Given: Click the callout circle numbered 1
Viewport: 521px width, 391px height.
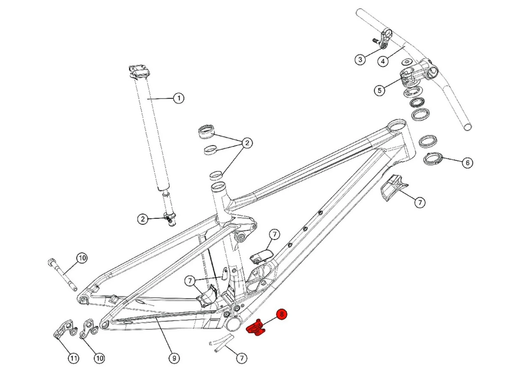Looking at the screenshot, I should [x=179, y=98].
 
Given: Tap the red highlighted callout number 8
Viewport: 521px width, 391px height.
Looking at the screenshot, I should [x=282, y=314].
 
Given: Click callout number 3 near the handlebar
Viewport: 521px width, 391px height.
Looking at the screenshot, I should [x=360, y=59].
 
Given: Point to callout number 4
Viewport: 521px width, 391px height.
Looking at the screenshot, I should [x=383, y=62].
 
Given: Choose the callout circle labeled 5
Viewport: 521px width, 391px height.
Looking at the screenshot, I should [x=379, y=90].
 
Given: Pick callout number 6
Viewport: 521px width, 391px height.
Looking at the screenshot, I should [x=468, y=163].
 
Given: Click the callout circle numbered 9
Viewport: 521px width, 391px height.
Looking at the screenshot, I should [x=174, y=358].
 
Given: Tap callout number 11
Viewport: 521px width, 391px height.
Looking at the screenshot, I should [x=73, y=358].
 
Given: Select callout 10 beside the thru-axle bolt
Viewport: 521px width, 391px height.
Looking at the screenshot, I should [x=82, y=258].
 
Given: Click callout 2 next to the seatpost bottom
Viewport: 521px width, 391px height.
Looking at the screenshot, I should [x=142, y=219].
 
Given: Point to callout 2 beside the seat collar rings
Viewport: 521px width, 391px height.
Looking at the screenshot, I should [x=247, y=143].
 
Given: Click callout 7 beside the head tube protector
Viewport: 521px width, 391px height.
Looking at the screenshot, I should [x=420, y=202].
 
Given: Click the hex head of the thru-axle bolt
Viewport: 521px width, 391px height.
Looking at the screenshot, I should [x=51, y=261].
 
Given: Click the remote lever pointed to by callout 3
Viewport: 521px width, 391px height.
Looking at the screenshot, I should [x=386, y=38].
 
